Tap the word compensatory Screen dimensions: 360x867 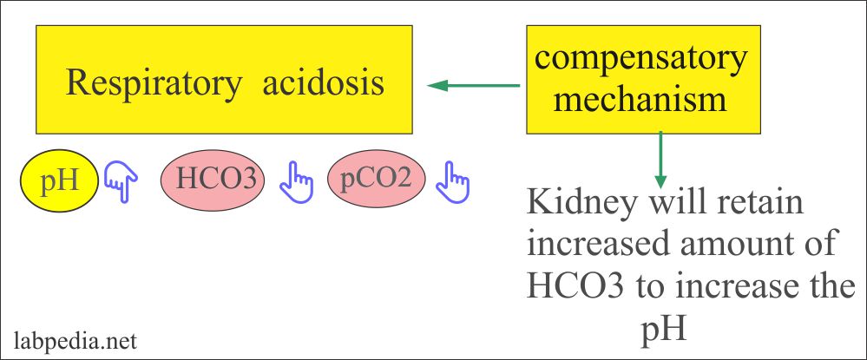tap(640, 60)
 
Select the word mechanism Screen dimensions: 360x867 tap(640, 99)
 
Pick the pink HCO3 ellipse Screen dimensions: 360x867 tap(215, 180)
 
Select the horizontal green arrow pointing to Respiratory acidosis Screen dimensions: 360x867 tap(474, 85)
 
